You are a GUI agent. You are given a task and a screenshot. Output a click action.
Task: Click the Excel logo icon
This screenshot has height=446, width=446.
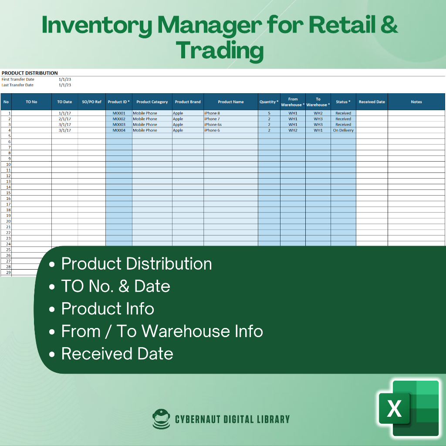(x=409, y=408)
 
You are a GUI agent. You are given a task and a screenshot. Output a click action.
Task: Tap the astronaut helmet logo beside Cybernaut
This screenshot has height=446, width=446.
(x=161, y=419)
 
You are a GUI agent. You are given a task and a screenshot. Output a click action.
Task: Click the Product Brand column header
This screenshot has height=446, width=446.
(x=188, y=102)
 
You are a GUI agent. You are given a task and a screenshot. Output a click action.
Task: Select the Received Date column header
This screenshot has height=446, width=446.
(x=372, y=102)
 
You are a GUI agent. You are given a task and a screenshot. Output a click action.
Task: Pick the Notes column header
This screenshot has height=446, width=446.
(x=416, y=102)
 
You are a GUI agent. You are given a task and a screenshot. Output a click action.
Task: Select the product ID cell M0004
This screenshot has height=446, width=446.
(x=119, y=130)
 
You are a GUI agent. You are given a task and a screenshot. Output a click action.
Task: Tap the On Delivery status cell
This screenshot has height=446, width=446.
(x=343, y=130)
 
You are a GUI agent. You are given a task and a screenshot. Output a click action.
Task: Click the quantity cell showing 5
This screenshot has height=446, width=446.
(x=269, y=113)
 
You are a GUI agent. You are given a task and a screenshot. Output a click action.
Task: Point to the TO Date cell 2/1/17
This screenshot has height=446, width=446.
(x=64, y=119)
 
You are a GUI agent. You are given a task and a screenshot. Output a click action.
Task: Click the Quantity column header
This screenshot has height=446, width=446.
(x=269, y=102)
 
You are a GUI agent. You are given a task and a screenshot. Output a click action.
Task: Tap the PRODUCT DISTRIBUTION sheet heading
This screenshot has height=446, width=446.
(x=30, y=73)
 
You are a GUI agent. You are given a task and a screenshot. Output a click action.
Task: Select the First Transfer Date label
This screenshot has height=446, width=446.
(x=18, y=79)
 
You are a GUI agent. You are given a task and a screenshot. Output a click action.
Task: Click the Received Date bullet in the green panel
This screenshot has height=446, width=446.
(x=117, y=354)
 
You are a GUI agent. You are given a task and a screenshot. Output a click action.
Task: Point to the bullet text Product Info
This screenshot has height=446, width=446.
(x=108, y=309)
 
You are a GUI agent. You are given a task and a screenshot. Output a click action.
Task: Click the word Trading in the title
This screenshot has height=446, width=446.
(x=220, y=51)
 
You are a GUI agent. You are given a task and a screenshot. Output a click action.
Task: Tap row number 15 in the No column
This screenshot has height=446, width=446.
(x=8, y=193)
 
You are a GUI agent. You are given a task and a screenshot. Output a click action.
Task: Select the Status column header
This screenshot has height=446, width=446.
(x=343, y=102)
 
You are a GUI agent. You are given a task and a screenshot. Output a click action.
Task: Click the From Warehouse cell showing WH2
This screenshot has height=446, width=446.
(x=293, y=130)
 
